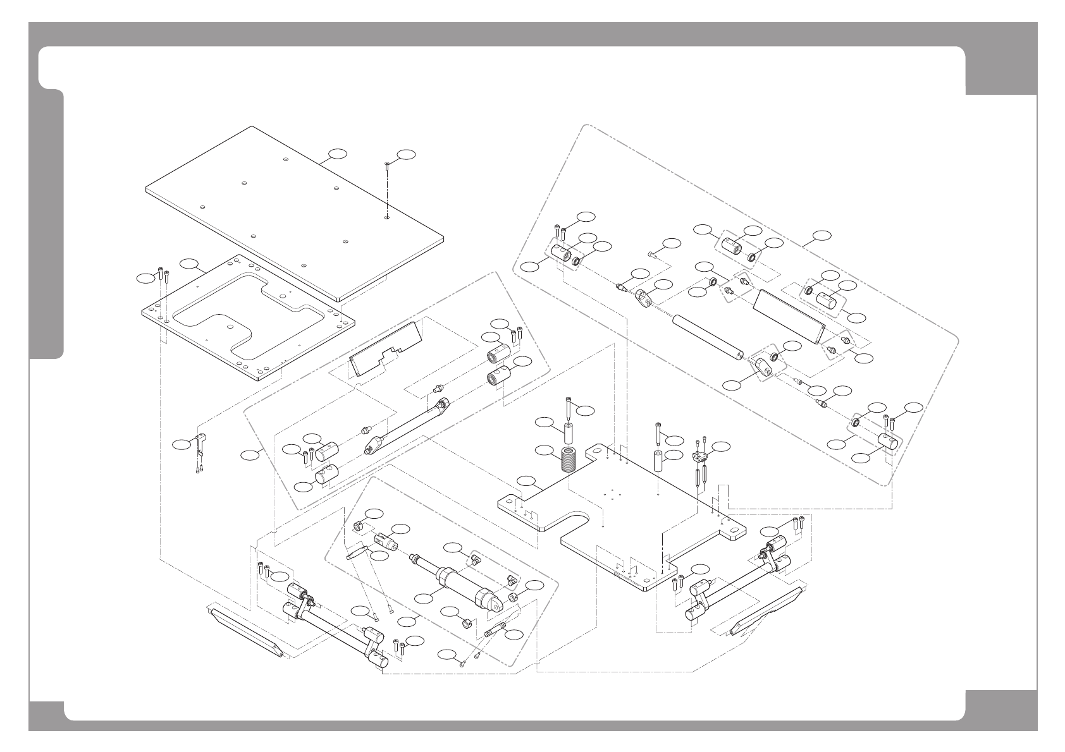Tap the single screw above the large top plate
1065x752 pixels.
tap(386, 166)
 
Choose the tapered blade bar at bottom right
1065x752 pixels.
tap(768, 610)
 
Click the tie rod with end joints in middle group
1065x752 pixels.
tap(408, 425)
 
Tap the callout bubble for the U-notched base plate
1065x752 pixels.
tap(526, 482)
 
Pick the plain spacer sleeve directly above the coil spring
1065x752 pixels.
tap(570, 435)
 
